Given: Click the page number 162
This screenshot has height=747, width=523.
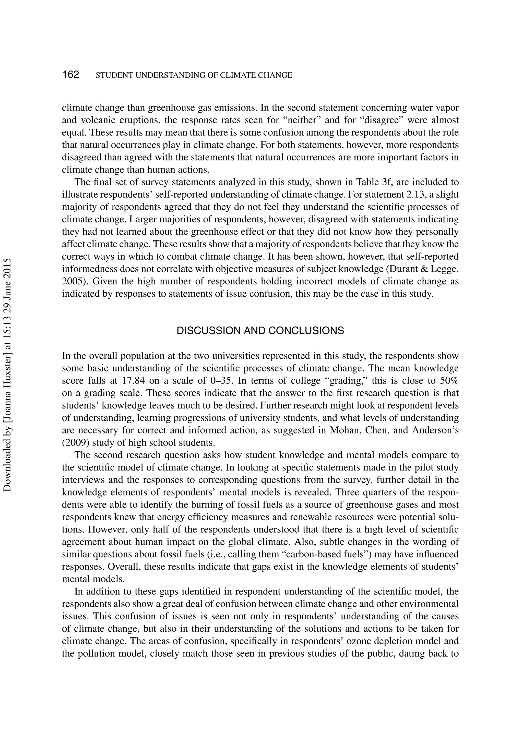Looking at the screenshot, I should pos(71,75).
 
